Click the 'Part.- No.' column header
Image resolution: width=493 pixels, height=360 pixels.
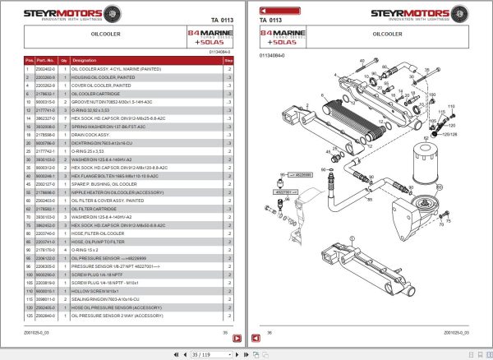point(44,61)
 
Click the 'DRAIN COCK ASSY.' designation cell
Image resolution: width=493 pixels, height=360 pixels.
point(92,133)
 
